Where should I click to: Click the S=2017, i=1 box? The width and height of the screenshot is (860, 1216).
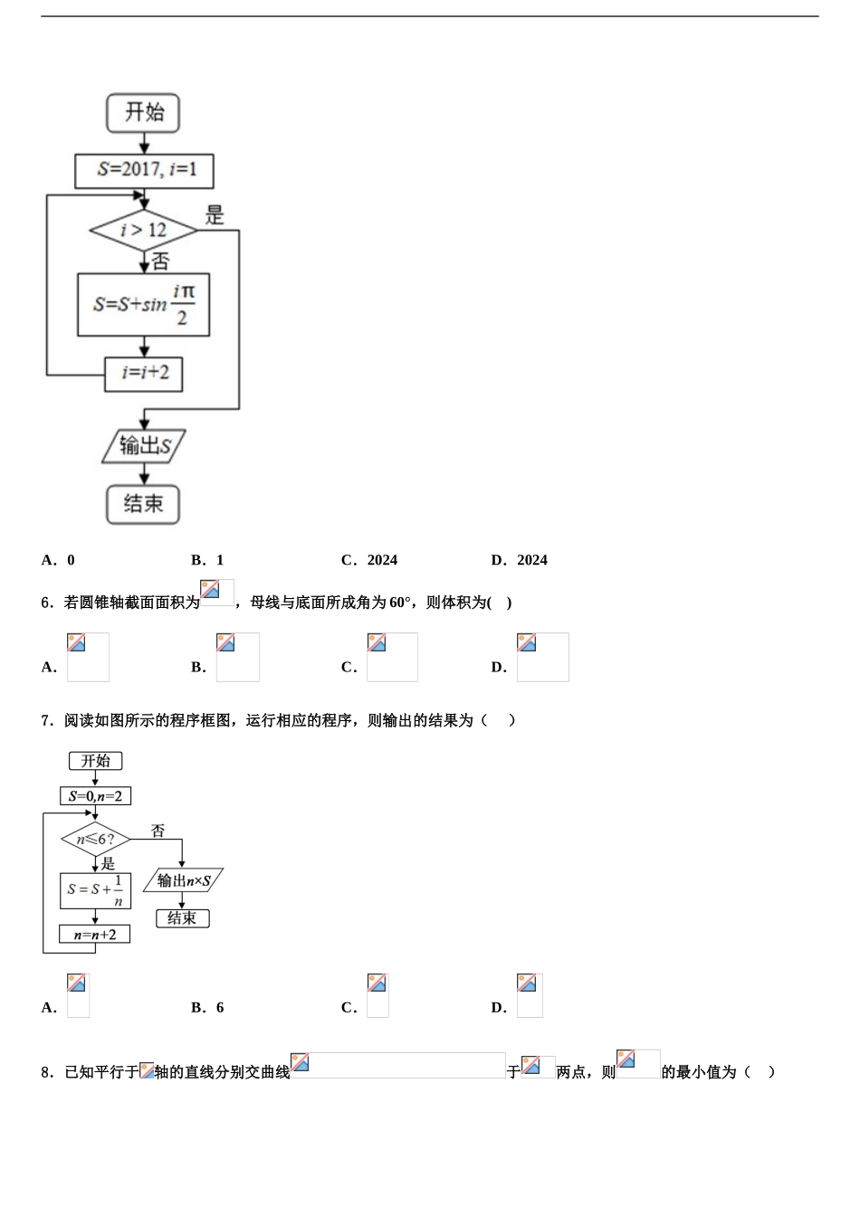144,170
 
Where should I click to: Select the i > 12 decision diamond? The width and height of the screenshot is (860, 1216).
144,231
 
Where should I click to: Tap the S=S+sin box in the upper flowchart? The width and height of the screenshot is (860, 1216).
144,305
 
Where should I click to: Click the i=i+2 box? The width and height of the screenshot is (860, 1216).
144,373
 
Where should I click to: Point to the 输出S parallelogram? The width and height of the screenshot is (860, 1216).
144,445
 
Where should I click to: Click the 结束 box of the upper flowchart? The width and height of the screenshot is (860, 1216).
144,504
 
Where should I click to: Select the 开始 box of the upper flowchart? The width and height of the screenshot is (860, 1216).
144,113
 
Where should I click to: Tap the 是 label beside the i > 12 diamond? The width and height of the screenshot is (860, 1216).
215,215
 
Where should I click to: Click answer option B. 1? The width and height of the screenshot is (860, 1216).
208,560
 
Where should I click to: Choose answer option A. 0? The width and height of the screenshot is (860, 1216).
59,560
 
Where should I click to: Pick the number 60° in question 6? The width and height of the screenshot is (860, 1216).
400,603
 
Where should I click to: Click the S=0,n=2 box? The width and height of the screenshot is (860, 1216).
95,796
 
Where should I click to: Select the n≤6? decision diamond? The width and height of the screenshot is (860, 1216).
95,839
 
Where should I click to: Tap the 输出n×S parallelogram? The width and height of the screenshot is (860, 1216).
183,880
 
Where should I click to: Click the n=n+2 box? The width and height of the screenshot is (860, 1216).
95,934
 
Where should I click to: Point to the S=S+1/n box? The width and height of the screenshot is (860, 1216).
95,890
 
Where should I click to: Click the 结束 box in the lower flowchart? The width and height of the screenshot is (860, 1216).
182,918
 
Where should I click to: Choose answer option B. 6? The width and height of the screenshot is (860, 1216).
208,1008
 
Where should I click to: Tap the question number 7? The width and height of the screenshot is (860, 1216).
47,721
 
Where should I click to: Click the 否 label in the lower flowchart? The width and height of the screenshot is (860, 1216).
158,831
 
